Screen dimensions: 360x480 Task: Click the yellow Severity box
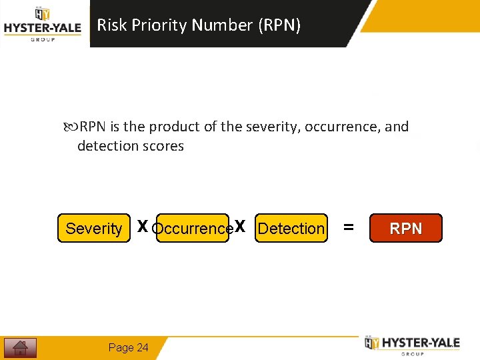[94, 228]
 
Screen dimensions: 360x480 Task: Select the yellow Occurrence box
[192, 228]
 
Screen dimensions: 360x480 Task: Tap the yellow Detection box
[291, 228]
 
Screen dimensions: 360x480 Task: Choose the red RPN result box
[405, 228]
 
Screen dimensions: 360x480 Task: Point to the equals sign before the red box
[348, 227]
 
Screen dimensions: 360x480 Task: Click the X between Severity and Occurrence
[142, 227]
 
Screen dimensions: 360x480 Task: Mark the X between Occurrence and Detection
[241, 227]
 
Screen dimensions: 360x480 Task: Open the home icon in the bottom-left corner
[20, 348]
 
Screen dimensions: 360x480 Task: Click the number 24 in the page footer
[143, 347]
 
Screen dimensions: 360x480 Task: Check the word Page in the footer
[121, 347]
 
